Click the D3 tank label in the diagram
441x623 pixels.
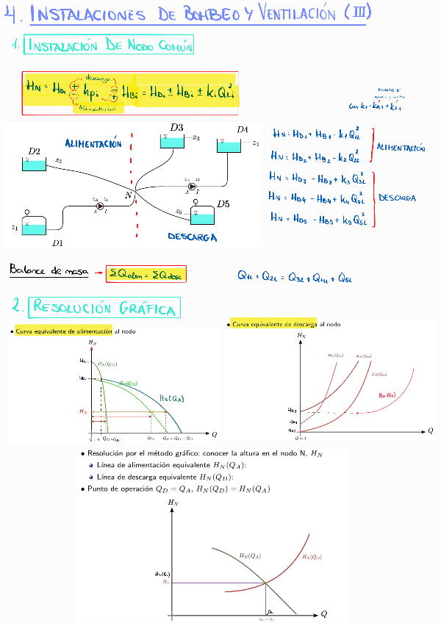click(x=176, y=127)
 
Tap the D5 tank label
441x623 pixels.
click(x=222, y=204)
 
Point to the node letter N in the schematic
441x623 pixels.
click(x=128, y=195)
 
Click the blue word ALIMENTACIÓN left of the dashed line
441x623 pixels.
click(x=93, y=144)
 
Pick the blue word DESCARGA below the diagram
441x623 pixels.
click(x=192, y=237)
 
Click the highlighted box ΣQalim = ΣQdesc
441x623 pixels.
click(x=146, y=274)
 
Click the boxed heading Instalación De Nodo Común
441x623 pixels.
click(x=109, y=46)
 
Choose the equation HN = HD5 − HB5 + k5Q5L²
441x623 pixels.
click(x=318, y=217)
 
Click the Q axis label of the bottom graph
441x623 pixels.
click(x=323, y=613)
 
